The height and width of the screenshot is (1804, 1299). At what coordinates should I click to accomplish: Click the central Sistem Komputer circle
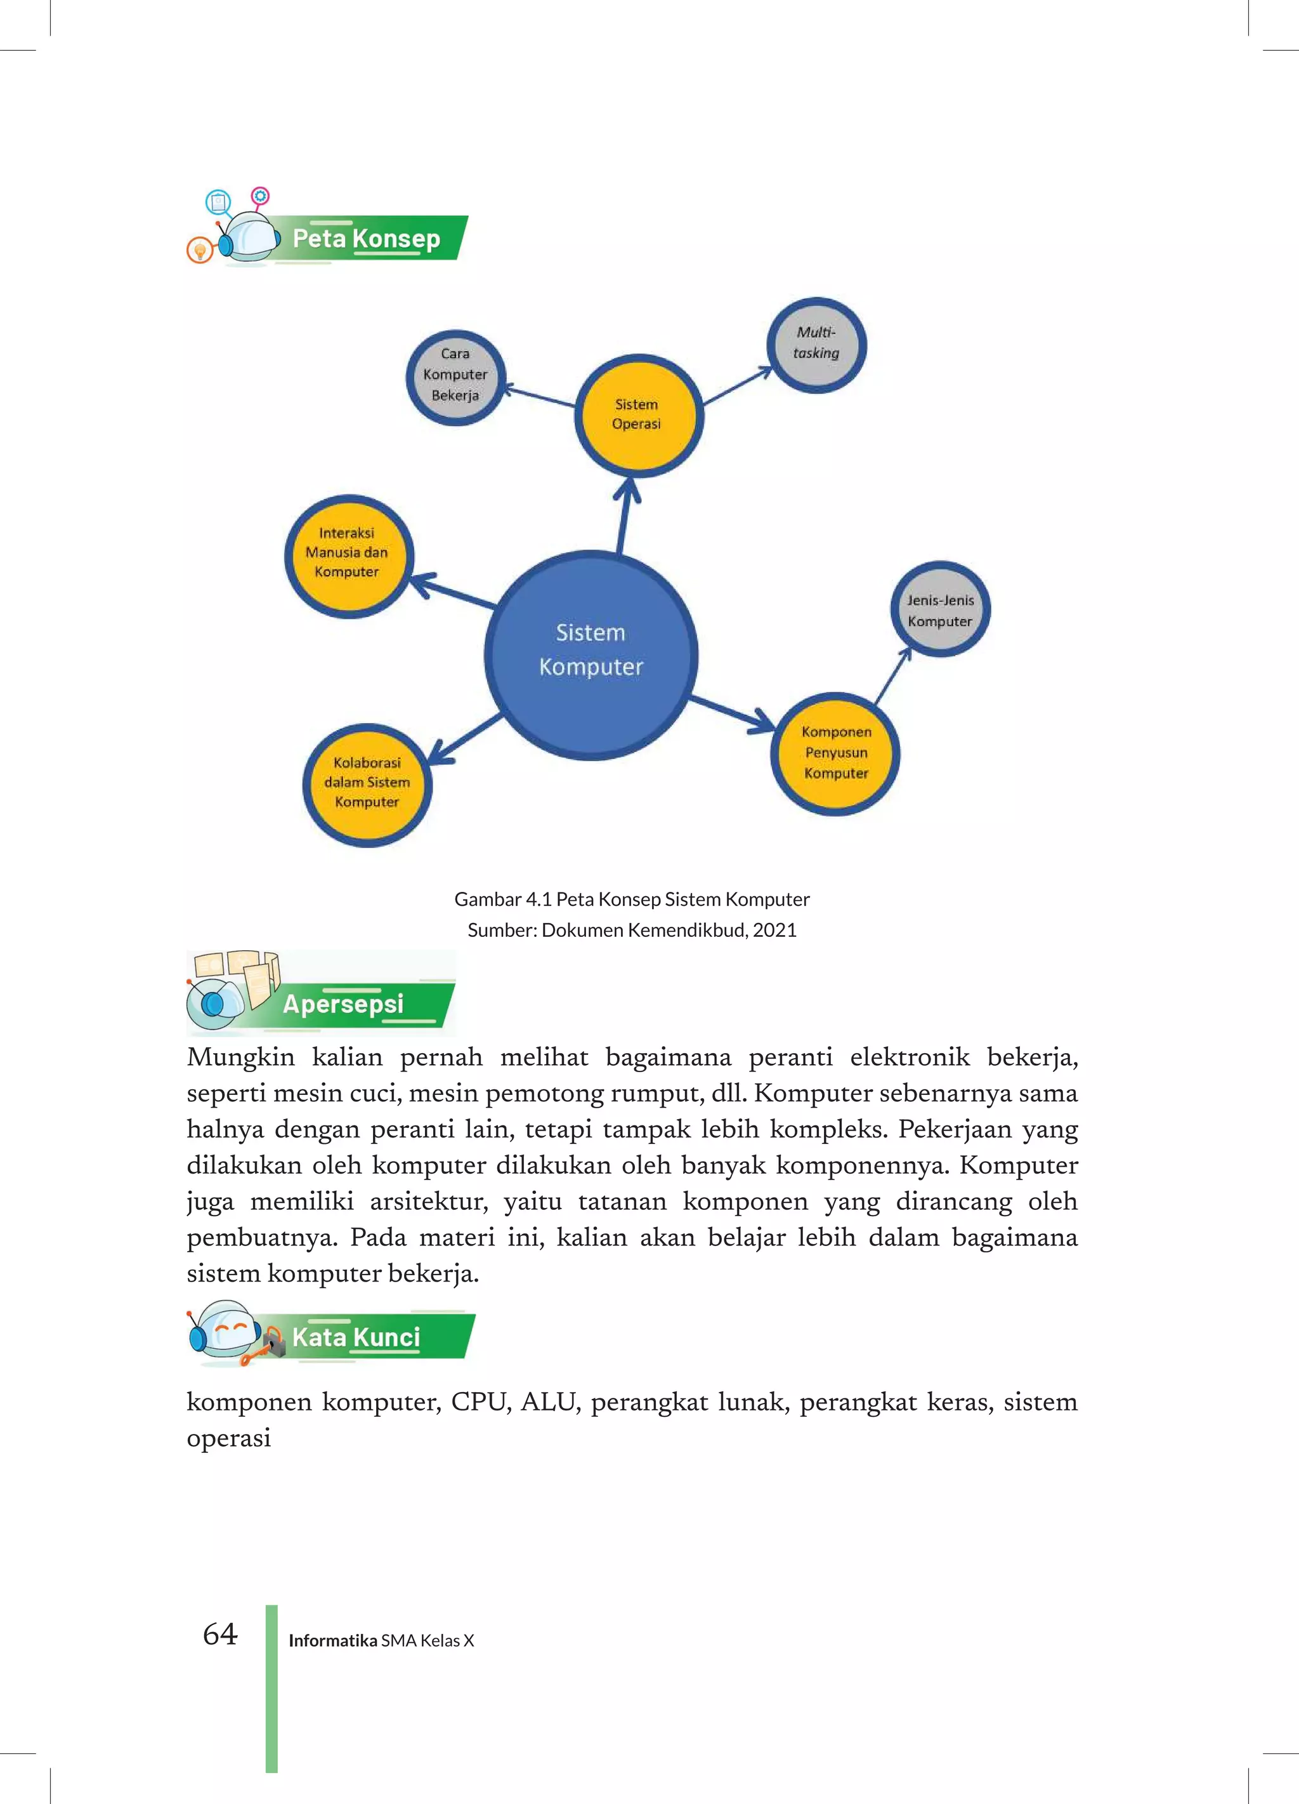tap(591, 654)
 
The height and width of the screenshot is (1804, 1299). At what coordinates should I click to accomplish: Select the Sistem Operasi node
tap(637, 415)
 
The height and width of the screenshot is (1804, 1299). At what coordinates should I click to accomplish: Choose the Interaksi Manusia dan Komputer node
tap(348, 554)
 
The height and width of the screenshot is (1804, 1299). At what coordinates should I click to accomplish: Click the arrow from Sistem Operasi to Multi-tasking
tap(737, 387)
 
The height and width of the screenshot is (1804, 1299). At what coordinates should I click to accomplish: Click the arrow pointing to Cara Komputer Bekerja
tap(540, 396)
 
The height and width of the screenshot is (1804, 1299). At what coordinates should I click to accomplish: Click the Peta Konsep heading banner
tap(367, 238)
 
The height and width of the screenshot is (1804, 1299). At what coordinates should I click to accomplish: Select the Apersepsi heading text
tap(343, 1004)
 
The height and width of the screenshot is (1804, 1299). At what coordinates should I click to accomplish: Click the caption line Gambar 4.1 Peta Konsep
tap(631, 899)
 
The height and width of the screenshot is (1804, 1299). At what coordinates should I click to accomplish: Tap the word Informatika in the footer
tap(332, 1640)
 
